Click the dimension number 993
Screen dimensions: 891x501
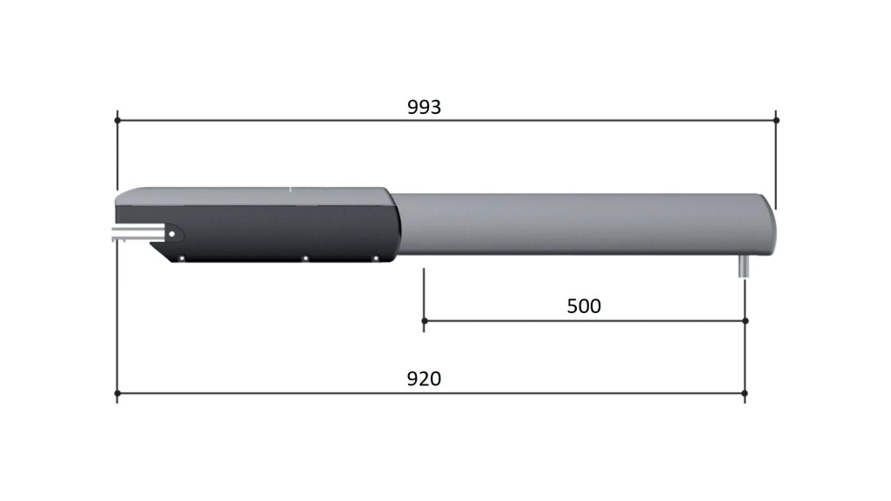424,107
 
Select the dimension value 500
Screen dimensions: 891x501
584,306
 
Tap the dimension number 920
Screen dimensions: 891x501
424,378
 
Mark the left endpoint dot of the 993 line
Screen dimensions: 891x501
117,120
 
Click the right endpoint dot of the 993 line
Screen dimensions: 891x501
776,120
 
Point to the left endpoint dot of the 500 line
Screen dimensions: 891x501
424,321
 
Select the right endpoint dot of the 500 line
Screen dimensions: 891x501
746,321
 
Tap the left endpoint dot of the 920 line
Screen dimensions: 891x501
117,393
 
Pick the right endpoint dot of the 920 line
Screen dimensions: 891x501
745,393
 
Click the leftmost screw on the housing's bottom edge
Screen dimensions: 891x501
182,258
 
